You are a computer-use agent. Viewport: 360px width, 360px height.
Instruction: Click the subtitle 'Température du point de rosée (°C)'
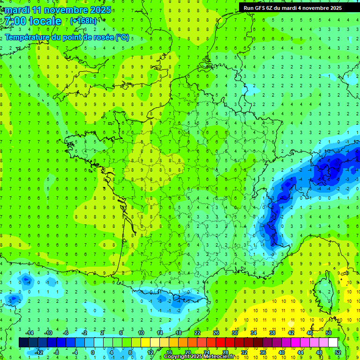[67, 37]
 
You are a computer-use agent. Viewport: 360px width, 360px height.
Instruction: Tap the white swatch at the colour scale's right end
[333, 343]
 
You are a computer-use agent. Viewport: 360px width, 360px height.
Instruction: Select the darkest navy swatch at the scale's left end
[24, 343]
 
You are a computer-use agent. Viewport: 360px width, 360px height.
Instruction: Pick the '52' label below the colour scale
[338, 352]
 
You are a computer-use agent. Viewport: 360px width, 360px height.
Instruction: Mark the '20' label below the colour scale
[188, 352]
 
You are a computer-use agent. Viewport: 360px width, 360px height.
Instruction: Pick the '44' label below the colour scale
[300, 352]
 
